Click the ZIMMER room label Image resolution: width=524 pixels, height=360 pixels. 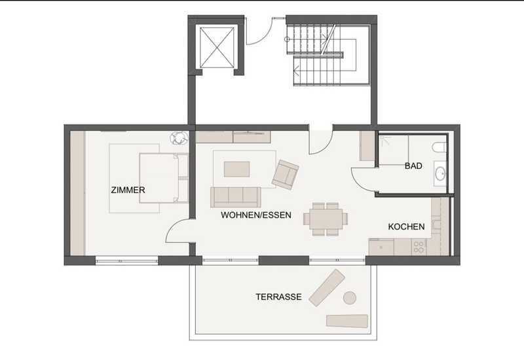pos(128,190)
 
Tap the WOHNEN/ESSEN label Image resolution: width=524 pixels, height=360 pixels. pos(256,215)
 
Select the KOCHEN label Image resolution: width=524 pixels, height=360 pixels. pos(406,226)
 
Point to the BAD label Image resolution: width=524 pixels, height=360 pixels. pos(413,166)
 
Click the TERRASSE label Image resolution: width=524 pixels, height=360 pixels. pos(279,297)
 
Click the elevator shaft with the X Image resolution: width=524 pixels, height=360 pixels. pos(217,47)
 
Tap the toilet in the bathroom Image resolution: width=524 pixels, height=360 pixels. pos(439,147)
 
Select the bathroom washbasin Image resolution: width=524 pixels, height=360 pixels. pos(440,173)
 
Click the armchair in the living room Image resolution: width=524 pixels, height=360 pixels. pos(285,175)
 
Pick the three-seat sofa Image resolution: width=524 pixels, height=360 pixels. pos(236,197)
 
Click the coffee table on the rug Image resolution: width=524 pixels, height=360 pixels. pos(236,170)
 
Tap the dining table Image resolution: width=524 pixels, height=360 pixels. pos(326,219)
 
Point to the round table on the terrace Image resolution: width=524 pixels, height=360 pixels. pos(350,298)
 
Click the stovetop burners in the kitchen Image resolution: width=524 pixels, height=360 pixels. pos(419,247)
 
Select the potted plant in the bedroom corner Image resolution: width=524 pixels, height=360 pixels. pos(179,138)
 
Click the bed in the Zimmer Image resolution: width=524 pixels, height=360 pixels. pos(164,178)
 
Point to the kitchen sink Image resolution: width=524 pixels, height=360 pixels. pos(381,247)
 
